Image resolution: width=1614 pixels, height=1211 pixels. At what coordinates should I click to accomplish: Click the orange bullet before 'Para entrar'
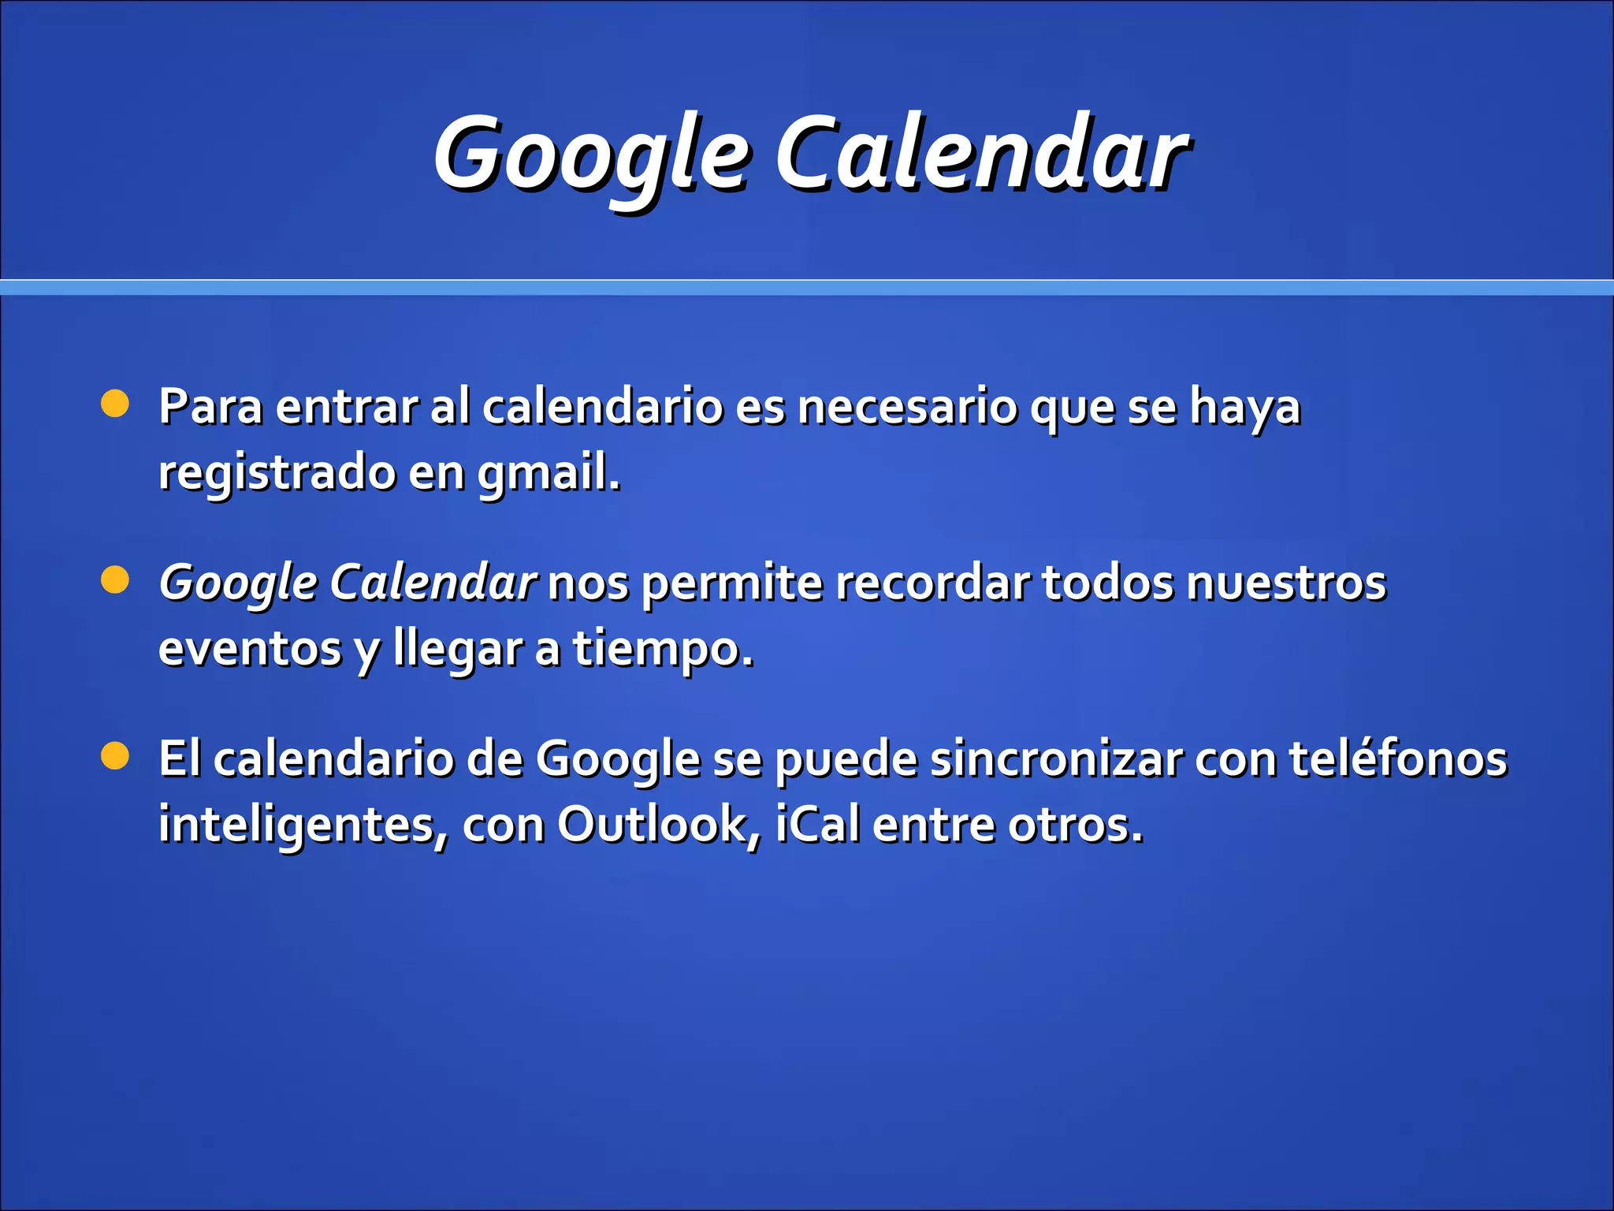pyautogui.click(x=115, y=404)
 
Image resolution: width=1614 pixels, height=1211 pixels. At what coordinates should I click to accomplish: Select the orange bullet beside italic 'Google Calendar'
pyautogui.click(x=115, y=581)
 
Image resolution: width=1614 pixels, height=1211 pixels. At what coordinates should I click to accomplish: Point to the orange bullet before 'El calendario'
pyautogui.click(x=115, y=757)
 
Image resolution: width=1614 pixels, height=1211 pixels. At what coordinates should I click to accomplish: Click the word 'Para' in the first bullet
pyautogui.click(x=210, y=407)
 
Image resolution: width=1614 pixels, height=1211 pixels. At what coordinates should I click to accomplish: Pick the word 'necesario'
pyautogui.click(x=906, y=407)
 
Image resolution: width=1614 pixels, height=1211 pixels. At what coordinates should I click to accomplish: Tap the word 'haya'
pyautogui.click(x=1244, y=408)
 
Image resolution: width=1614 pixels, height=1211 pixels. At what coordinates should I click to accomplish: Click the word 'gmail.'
pyautogui.click(x=549, y=474)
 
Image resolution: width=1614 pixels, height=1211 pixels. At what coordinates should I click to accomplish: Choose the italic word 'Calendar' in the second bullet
pyautogui.click(x=433, y=583)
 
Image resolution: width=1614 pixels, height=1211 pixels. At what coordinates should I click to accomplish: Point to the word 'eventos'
pyautogui.click(x=250, y=649)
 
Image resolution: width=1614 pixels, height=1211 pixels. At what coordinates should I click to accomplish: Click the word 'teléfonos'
pyautogui.click(x=1398, y=758)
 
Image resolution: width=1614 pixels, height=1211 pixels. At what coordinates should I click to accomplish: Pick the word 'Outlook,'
pyautogui.click(x=660, y=825)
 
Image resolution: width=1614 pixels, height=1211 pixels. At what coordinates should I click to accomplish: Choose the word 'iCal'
pyautogui.click(x=818, y=825)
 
